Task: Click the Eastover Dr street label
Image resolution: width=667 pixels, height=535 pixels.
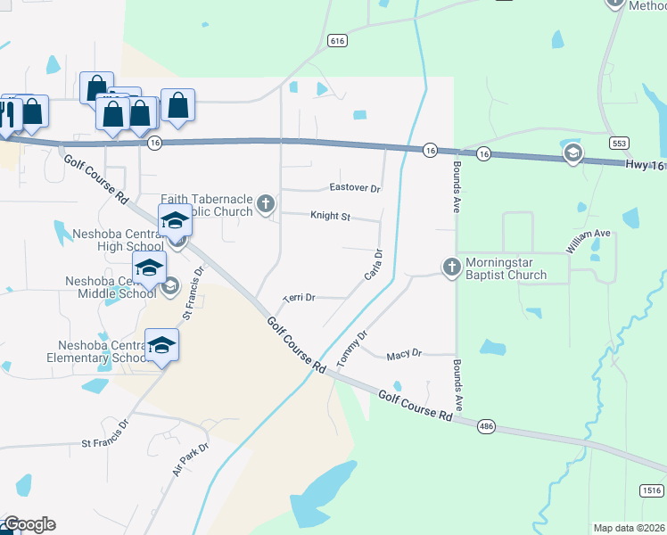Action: click(355, 189)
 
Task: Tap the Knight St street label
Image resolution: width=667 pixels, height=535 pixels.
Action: click(331, 216)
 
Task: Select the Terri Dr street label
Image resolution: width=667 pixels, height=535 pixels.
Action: click(299, 298)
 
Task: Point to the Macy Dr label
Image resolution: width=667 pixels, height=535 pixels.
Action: click(404, 355)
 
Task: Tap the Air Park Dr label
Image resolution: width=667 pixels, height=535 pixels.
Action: click(191, 458)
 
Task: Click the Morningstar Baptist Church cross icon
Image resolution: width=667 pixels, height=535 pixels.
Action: click(452, 266)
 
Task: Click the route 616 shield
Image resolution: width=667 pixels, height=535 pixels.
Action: click(336, 41)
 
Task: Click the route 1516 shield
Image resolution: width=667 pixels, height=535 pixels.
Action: click(652, 490)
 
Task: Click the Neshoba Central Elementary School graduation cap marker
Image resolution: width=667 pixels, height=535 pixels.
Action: click(161, 345)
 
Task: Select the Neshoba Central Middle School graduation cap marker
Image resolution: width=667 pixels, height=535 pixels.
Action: click(149, 267)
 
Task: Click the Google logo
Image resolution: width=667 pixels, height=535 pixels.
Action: click(29, 524)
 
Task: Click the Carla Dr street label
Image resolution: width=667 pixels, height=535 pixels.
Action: click(374, 264)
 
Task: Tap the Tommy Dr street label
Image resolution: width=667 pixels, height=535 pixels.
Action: click(351, 350)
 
